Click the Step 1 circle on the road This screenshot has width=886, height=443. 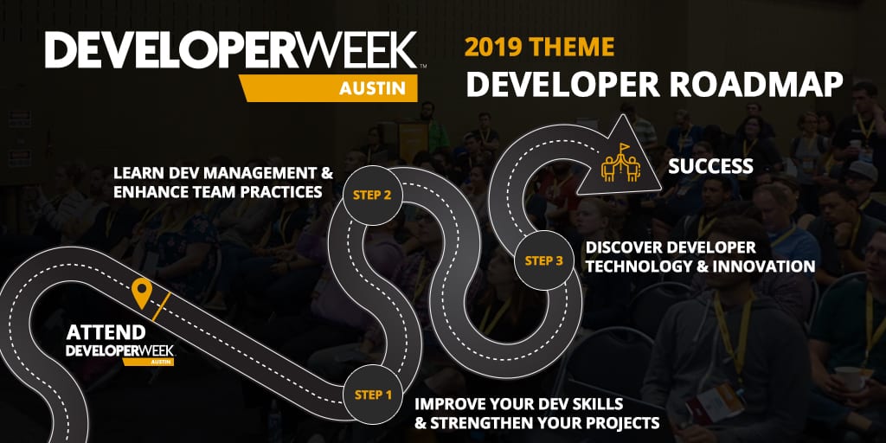click(x=373, y=395)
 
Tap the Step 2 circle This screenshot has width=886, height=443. click(x=372, y=196)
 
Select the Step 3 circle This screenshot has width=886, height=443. click(x=543, y=260)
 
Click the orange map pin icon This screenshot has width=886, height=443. click(x=141, y=292)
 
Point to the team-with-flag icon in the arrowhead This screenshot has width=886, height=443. click(x=621, y=162)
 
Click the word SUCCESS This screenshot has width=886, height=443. click(x=711, y=166)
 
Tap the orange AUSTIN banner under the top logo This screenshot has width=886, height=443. click(x=328, y=88)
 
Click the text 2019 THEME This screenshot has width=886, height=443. click(x=539, y=47)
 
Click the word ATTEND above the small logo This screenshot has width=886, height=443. click(x=106, y=332)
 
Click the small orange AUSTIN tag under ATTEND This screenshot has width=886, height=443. click(x=148, y=362)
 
